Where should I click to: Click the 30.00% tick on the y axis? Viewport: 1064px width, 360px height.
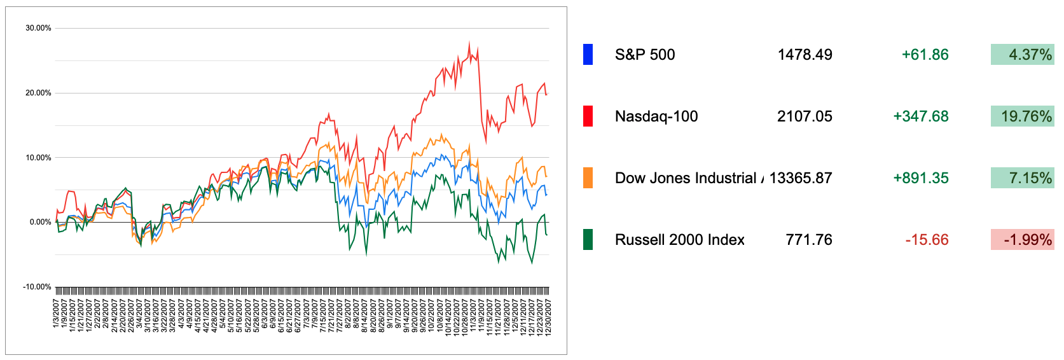(38, 28)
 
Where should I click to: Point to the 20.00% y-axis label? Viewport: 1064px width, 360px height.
(38, 93)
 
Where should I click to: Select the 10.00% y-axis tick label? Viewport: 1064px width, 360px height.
(38, 158)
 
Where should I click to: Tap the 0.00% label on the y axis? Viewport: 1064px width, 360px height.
(40, 222)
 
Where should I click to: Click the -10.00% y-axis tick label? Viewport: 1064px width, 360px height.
(37, 287)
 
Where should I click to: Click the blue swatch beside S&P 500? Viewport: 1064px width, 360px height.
(588, 55)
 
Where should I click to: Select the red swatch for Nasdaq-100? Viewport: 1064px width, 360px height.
(588, 116)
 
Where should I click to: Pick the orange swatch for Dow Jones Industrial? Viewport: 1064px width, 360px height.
(588, 178)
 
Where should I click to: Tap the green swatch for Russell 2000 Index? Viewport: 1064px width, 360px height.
(588, 240)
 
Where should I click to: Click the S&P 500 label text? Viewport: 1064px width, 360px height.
(644, 55)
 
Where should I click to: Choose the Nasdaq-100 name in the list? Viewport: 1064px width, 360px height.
(656, 116)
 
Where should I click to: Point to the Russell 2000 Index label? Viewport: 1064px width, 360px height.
(679, 240)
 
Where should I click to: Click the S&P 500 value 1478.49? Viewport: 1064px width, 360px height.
(805, 55)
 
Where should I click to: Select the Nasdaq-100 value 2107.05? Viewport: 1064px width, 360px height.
(805, 116)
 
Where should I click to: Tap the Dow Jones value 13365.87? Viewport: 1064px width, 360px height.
(801, 178)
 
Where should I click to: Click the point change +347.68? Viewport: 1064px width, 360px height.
(920, 116)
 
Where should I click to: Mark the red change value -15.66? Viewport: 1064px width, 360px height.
(927, 240)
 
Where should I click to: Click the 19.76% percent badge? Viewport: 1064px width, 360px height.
(1022, 116)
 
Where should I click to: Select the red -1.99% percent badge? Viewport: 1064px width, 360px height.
(1022, 240)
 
